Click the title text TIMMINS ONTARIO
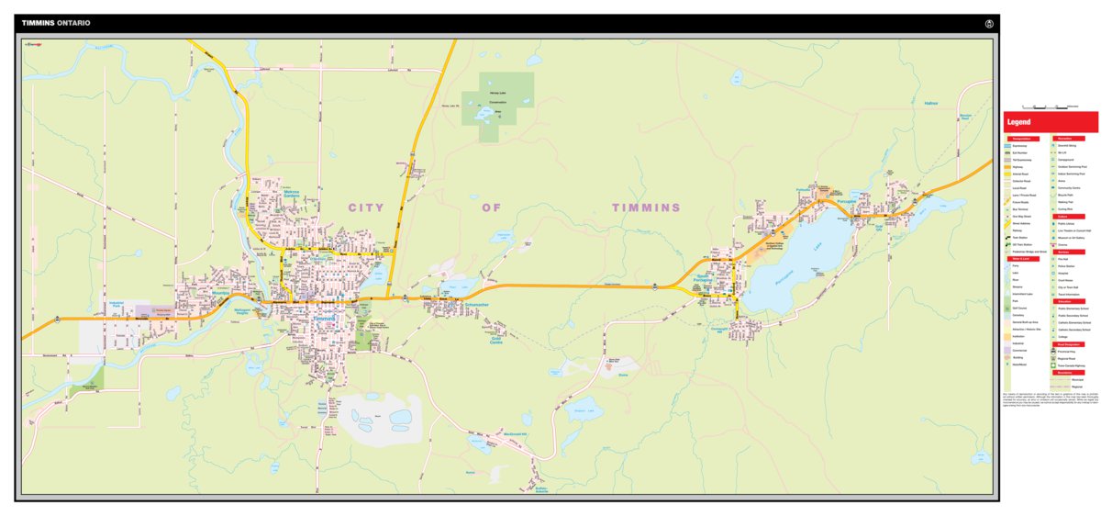pos(55,22)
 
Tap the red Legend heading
pos(1018,122)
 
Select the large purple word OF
pos(494,208)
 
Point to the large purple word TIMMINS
pos(647,208)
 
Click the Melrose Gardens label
pos(292,195)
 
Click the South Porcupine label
pos(703,279)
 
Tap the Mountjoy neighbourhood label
pos(219,293)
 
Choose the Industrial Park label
pos(117,303)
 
